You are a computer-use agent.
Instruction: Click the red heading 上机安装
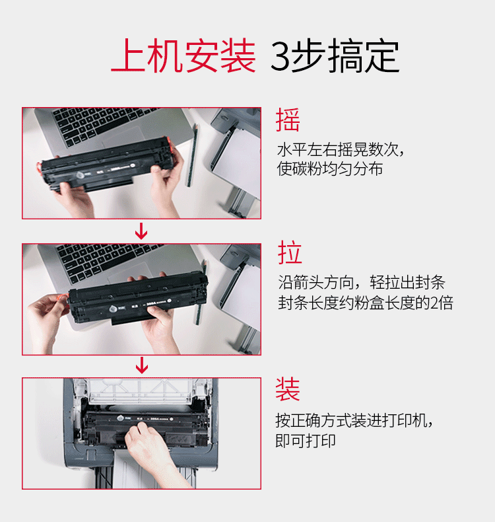(x=183, y=56)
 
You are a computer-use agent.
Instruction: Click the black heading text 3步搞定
(x=335, y=56)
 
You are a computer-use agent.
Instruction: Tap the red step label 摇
(x=288, y=120)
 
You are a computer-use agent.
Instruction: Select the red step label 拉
(x=290, y=252)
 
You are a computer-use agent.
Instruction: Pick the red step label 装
(x=288, y=389)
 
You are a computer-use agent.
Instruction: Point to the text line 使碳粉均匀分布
(x=330, y=168)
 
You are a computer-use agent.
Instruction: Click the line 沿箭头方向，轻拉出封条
(x=362, y=282)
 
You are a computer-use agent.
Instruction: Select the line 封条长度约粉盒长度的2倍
(x=366, y=303)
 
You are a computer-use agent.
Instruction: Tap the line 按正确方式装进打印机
(x=354, y=420)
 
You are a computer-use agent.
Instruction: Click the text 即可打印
(x=305, y=441)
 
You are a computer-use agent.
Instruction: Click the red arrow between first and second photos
(x=141, y=231)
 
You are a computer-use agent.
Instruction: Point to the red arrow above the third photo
(x=142, y=365)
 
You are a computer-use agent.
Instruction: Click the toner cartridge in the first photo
(x=106, y=165)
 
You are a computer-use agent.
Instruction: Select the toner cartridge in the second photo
(x=138, y=297)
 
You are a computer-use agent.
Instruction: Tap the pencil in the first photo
(x=191, y=155)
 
